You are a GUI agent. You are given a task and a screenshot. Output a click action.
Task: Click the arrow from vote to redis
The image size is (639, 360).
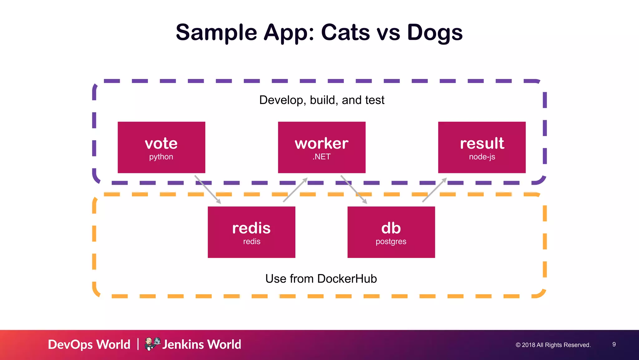[x=207, y=190]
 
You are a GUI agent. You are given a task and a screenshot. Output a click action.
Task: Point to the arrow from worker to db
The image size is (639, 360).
[x=354, y=189]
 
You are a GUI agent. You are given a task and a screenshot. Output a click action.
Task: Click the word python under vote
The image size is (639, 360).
[x=161, y=157]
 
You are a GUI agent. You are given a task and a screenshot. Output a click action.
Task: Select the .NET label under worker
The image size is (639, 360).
[x=321, y=157]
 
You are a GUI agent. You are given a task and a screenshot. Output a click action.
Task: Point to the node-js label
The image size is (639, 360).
[x=482, y=157]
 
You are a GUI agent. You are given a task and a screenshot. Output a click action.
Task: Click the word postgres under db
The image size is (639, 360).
[x=391, y=242]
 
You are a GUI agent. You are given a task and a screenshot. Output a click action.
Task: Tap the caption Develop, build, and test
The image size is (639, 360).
[x=322, y=100]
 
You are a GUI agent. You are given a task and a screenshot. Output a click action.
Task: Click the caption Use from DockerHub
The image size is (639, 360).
[x=321, y=279]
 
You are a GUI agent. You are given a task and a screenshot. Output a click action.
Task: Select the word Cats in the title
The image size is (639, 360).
[x=345, y=32]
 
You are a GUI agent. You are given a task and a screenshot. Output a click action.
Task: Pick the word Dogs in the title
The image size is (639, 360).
[x=435, y=32]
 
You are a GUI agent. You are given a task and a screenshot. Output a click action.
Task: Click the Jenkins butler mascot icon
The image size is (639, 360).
[x=152, y=344]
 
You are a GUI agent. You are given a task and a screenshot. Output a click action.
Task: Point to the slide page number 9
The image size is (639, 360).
[x=614, y=344]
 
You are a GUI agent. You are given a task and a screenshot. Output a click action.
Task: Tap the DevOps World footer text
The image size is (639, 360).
[x=89, y=344]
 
